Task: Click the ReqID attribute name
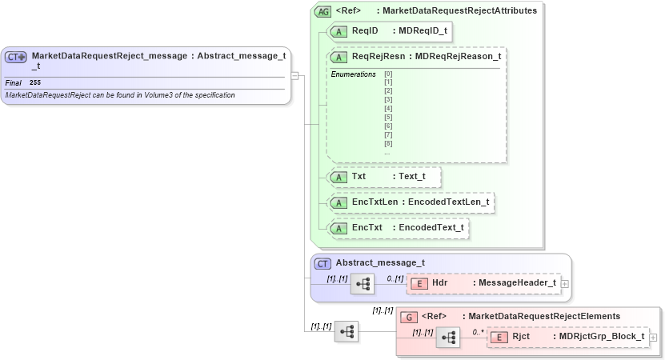[365, 30]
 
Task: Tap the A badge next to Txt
[339, 176]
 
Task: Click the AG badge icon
[322, 11]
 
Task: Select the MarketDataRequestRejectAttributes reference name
[461, 11]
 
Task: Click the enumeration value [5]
[388, 117]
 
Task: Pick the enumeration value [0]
[388, 74]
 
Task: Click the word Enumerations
[353, 74]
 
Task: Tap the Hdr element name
[440, 283]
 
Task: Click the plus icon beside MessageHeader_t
[565, 283]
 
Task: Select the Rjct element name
[521, 337]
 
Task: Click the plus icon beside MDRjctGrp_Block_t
[653, 337]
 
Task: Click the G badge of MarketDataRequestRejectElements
[408, 316]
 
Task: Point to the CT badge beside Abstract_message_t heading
[322, 262]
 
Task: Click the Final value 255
[35, 82]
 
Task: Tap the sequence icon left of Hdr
[363, 284]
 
